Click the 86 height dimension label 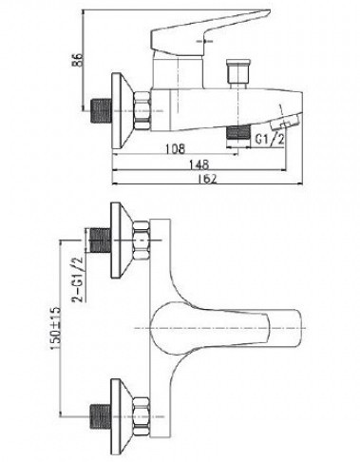click(78, 60)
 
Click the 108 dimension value click(175, 148)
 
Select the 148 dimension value click(199, 164)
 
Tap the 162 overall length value click(208, 179)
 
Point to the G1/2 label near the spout click(270, 139)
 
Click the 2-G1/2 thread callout click(77, 279)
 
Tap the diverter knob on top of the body click(238, 73)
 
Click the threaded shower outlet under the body click(238, 132)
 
